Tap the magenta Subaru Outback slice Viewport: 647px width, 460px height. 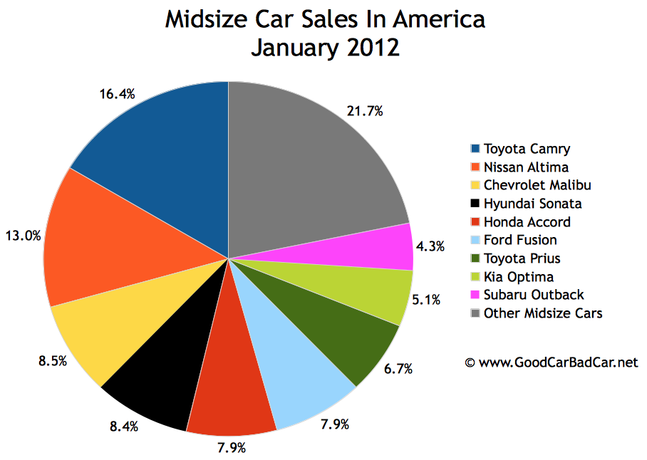(388, 247)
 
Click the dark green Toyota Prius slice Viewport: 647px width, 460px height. (356, 335)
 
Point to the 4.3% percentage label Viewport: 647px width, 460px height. (430, 246)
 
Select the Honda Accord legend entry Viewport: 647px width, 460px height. (527, 221)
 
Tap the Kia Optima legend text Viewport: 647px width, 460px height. (518, 276)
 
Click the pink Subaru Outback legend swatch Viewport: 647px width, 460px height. (475, 295)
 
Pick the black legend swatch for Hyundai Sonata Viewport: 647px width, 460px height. (475, 204)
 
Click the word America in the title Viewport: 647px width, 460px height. (435, 19)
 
